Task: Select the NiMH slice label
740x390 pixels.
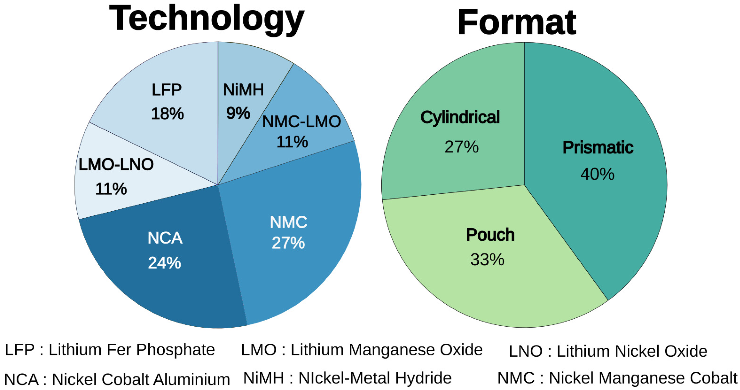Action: (243, 90)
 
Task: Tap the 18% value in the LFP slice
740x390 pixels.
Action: (167, 114)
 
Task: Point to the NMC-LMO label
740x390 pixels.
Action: (301, 122)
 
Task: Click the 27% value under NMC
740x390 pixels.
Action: (288, 243)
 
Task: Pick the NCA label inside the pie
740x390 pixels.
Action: (165, 238)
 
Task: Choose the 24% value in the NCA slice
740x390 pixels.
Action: (164, 263)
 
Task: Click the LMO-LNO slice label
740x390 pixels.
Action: (116, 165)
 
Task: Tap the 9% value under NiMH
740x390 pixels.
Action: (238, 113)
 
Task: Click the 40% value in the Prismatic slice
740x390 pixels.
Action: (597, 174)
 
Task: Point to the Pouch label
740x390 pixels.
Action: (490, 235)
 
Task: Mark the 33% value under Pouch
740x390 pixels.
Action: (487, 259)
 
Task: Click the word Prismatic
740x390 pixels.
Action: (598, 148)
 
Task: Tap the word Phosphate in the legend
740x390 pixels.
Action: (175, 350)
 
